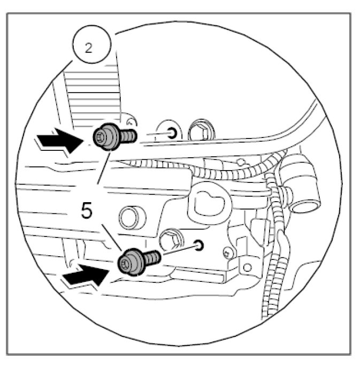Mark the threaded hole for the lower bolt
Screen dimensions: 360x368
[x=200, y=246]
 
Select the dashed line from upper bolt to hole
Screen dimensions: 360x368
[x=152, y=134]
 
